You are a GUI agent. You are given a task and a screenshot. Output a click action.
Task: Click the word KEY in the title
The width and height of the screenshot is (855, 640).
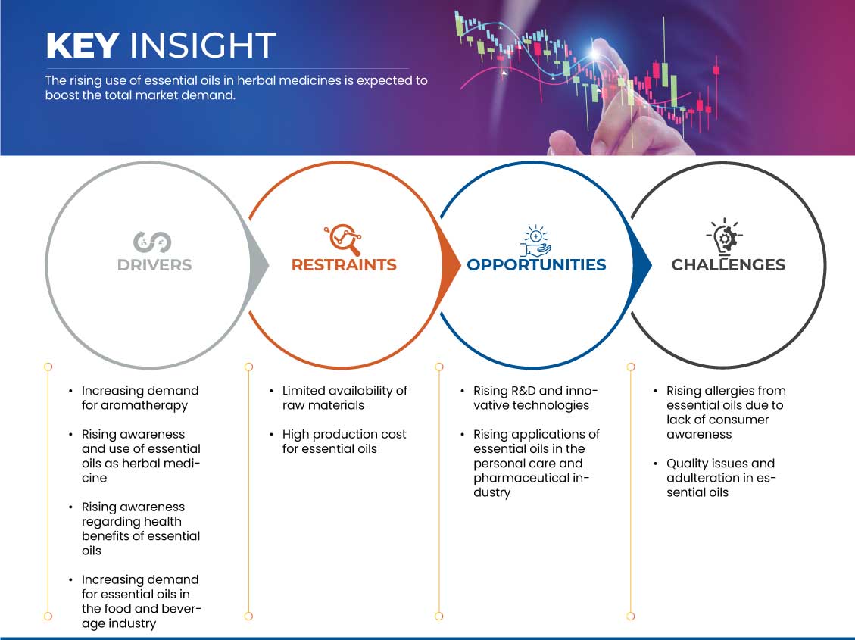coord(83,45)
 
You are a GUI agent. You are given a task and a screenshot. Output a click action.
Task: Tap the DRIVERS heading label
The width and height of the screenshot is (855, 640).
coord(154,265)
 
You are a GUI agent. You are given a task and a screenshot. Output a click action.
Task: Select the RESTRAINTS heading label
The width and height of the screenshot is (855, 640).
coord(344,265)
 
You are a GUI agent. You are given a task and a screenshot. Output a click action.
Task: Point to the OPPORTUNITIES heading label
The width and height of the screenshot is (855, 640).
coord(537,265)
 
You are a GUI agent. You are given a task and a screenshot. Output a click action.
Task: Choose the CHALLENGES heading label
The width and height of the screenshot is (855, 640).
coord(729,265)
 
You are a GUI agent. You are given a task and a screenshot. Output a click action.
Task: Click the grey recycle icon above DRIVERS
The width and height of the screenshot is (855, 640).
coord(153,242)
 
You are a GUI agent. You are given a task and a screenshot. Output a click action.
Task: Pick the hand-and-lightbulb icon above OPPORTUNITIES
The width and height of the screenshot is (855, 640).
coord(535,240)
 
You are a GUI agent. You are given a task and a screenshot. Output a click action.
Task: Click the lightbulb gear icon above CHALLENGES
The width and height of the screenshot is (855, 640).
coord(725,237)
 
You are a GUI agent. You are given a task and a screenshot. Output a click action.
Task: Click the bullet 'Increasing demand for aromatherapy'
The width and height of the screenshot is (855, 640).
coord(139,398)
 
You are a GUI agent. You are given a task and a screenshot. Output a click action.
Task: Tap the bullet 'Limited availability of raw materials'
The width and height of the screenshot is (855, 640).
coord(344,398)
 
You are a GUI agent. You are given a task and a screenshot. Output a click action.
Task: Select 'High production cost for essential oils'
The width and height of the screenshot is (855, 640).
coord(344,442)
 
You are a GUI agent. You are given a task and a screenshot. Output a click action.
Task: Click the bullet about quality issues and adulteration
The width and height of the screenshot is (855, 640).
coord(720,478)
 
